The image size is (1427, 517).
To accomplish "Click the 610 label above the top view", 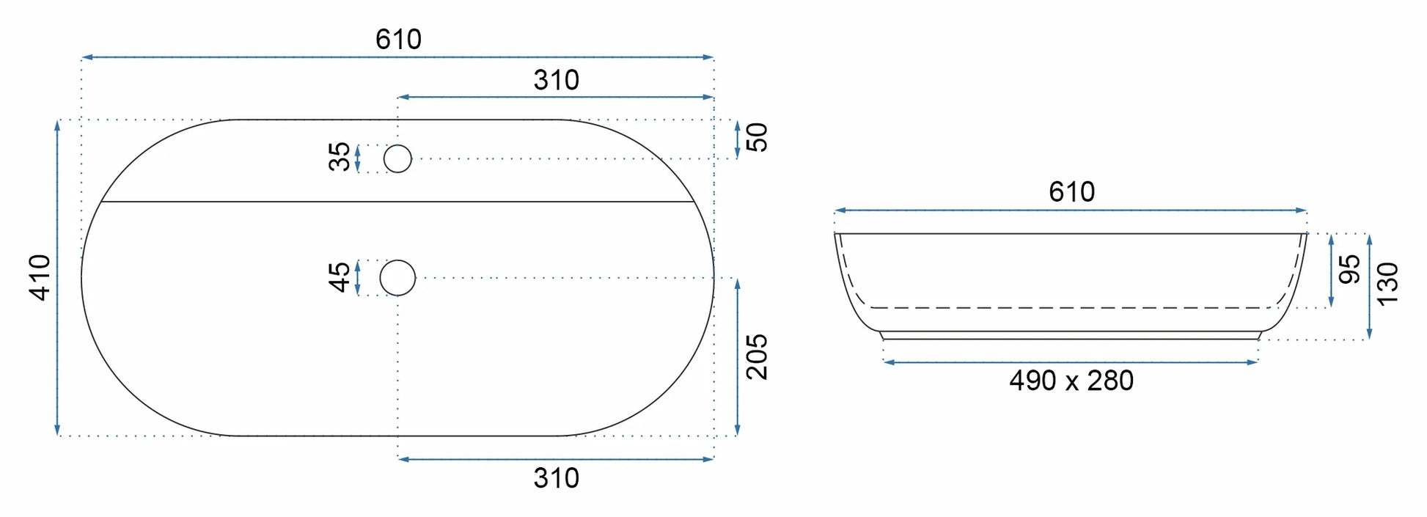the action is click(398, 39).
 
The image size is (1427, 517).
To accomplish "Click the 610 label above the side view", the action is click(1071, 192).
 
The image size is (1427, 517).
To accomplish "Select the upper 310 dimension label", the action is click(556, 80).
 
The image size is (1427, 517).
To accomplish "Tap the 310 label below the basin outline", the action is click(556, 478).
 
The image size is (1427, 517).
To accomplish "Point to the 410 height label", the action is click(40, 277).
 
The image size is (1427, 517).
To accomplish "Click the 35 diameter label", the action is click(339, 157).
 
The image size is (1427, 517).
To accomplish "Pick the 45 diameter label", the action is click(339, 277).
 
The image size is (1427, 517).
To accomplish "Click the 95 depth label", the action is click(1349, 269).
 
